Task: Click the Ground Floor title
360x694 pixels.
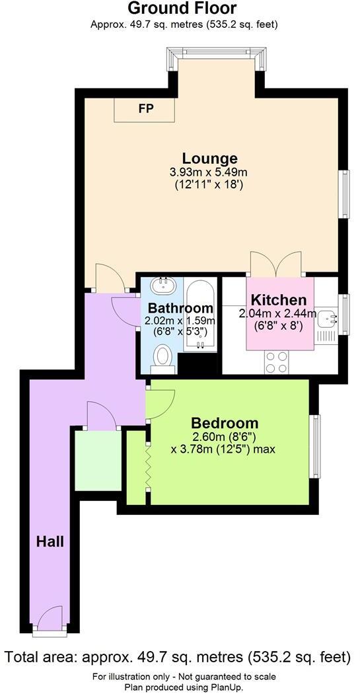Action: [x=182, y=9]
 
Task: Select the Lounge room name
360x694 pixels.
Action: [x=210, y=159]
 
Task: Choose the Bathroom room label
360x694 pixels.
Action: [x=180, y=308]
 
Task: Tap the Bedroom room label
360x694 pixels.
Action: [x=225, y=423]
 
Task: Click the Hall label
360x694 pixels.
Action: [x=50, y=542]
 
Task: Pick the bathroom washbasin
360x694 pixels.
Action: [x=162, y=286]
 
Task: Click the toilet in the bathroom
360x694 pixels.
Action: [x=162, y=358]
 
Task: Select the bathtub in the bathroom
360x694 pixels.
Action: [x=199, y=314]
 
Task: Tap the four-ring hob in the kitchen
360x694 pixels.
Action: [x=276, y=361]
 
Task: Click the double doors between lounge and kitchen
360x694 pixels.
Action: [x=276, y=264]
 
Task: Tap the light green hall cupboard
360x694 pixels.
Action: [x=98, y=460]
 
